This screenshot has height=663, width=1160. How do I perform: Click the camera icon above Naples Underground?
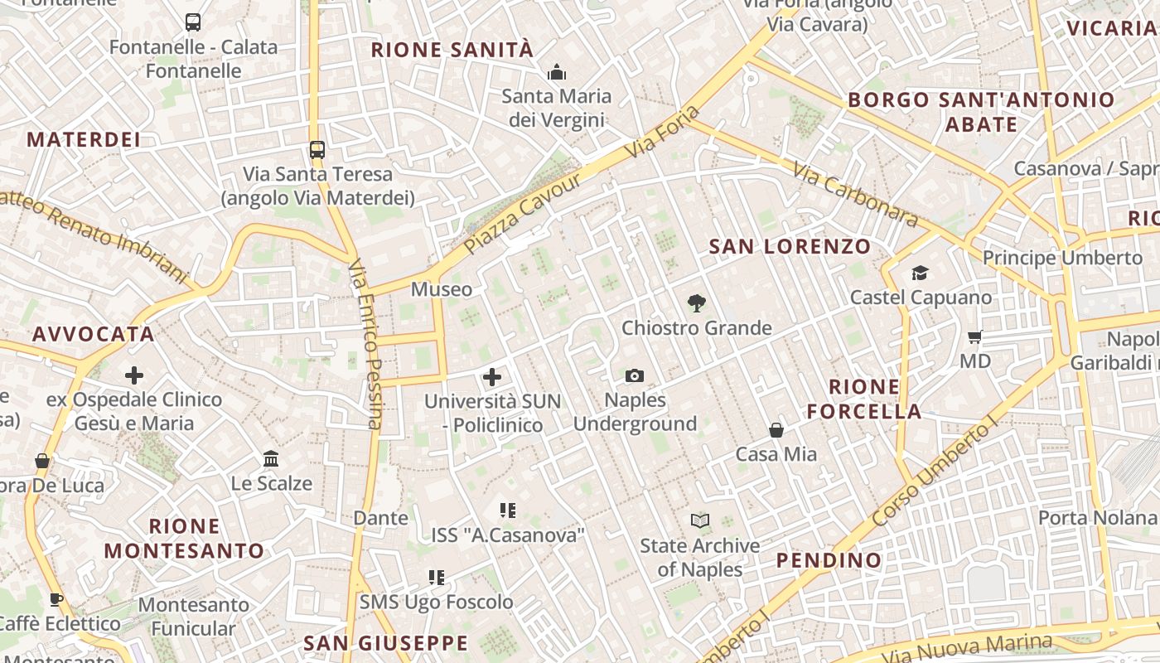635,376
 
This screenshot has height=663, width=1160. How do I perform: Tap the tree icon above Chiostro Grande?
696,303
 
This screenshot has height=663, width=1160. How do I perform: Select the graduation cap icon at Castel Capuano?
920,273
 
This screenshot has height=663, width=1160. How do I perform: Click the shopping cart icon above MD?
975,337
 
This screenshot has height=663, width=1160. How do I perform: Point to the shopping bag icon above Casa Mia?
776,429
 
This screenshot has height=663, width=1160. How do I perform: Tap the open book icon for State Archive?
700,521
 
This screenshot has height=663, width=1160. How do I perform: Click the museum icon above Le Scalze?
271,458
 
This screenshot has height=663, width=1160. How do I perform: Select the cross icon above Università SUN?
492,377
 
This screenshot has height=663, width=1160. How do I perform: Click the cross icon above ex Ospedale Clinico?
134,375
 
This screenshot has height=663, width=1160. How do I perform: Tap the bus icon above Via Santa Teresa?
317,150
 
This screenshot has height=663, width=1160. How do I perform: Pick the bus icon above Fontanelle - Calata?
193,22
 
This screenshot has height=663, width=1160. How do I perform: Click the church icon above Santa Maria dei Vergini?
556,72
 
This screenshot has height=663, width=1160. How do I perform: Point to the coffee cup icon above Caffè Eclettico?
56,599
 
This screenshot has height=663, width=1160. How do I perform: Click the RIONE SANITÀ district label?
452,50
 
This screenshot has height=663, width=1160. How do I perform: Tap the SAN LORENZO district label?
790,246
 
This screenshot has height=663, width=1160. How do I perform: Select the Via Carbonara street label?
856,194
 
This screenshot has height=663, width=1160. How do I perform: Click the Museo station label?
442,289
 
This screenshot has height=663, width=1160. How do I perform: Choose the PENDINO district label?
829,560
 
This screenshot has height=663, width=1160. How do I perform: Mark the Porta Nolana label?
1097,518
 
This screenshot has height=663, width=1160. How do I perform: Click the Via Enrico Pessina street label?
365,344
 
